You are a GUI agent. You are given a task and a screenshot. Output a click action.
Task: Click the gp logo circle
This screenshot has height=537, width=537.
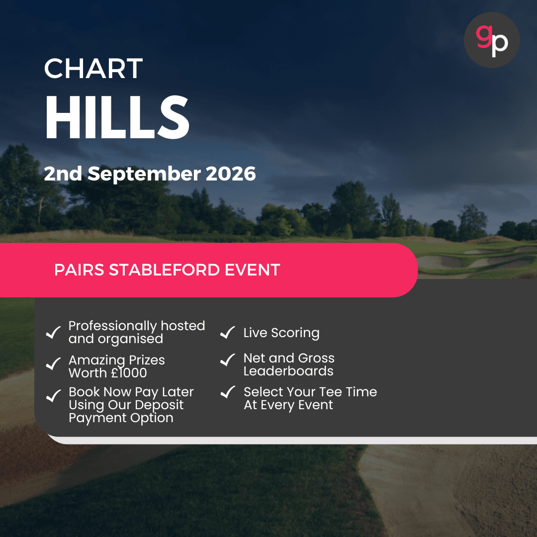point(491,40)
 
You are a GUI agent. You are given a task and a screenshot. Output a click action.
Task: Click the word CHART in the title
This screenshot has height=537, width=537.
point(93,69)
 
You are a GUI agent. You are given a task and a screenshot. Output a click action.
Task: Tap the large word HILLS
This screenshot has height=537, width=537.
point(117,118)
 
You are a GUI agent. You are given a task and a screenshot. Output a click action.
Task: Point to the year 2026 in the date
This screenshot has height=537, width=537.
point(231,174)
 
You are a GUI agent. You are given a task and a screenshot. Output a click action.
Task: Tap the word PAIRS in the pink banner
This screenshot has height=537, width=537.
point(79,270)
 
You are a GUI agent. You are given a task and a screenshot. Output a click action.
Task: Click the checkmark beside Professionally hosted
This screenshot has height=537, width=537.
point(53,332)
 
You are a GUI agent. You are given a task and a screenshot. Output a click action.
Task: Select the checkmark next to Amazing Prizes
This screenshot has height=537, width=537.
point(53,364)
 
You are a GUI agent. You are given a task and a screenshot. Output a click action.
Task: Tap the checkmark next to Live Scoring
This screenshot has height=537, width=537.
point(227,333)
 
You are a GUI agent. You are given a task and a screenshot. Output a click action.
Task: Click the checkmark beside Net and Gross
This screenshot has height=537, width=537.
point(227,359)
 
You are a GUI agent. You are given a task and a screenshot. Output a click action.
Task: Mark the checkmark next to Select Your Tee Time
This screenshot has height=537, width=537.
point(227,392)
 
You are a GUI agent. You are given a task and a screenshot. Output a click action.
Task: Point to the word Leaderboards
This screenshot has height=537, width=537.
point(288,371)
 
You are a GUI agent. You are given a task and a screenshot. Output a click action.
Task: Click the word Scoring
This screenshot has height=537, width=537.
point(295,333)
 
